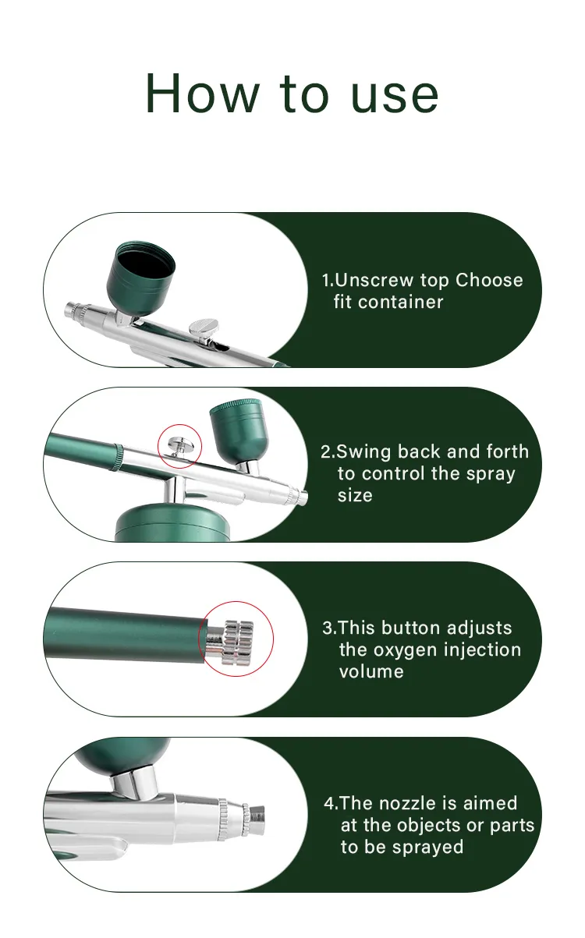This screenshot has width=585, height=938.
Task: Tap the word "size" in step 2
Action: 355,495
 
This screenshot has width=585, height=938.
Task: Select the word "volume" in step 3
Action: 371,671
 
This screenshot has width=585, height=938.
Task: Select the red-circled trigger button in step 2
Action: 180,445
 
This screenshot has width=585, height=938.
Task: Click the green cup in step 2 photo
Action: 238,430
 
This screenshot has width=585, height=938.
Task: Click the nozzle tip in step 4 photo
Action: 256,816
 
